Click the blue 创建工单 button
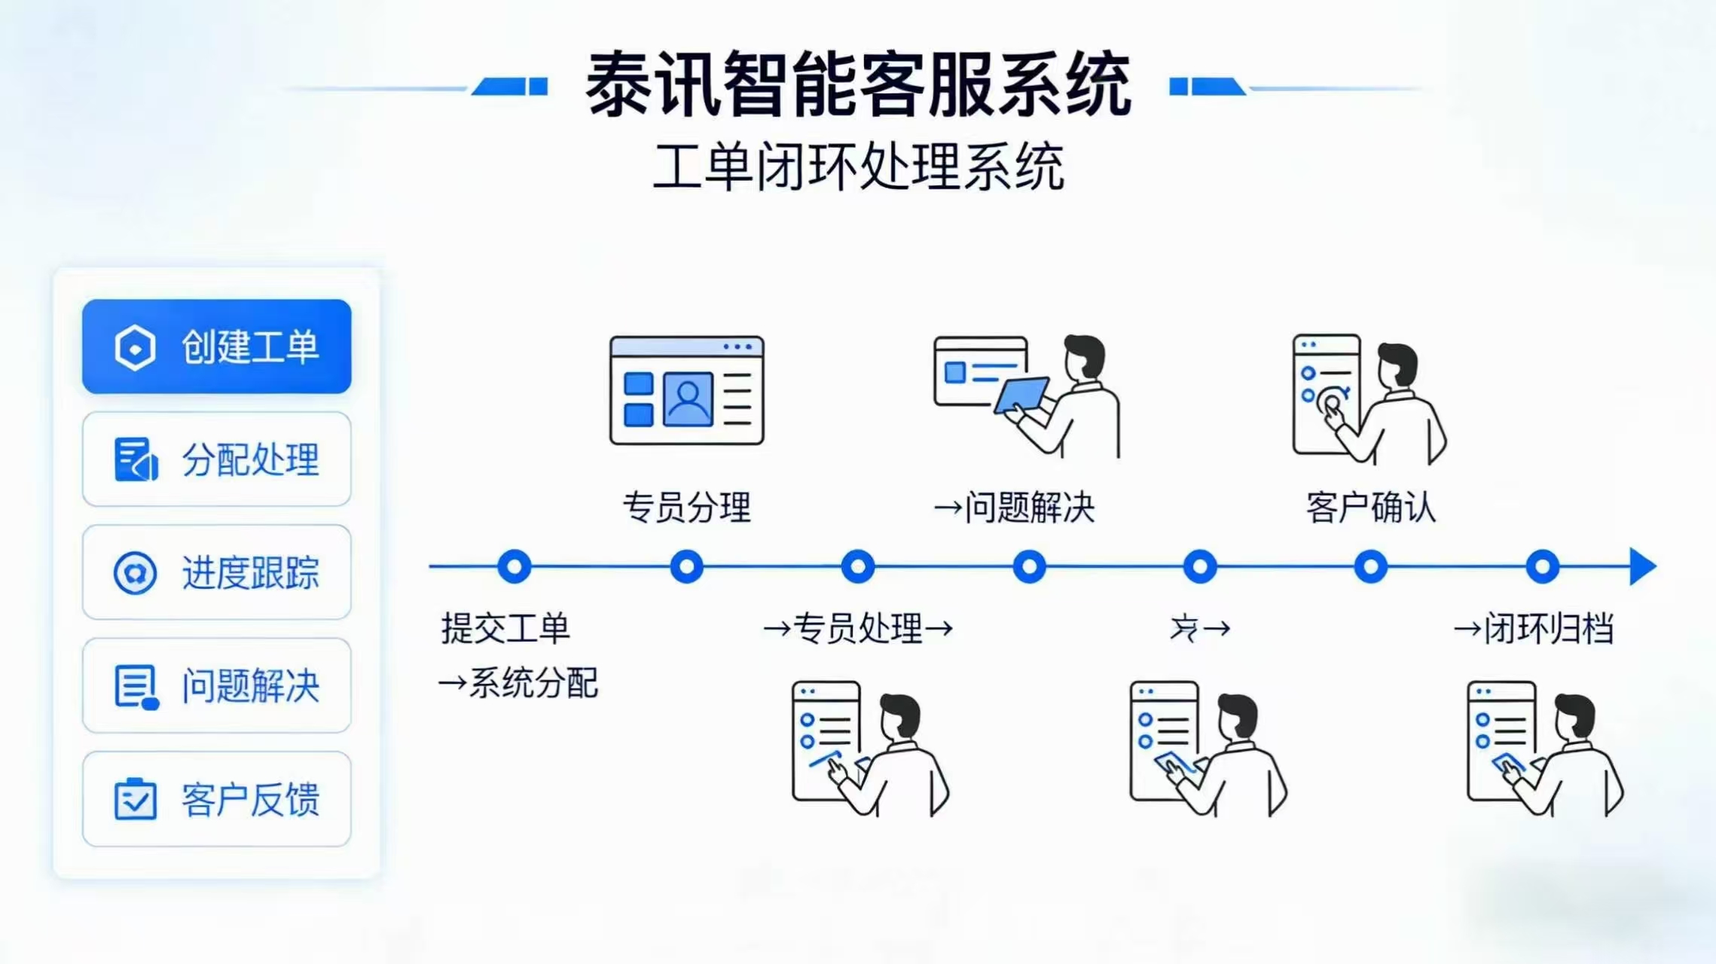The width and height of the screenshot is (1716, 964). click(x=216, y=346)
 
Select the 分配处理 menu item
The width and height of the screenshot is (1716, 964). click(x=216, y=459)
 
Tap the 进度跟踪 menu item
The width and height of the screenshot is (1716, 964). click(x=216, y=572)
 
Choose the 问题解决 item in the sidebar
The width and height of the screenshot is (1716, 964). click(x=216, y=685)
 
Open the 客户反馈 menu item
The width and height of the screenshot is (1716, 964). click(x=216, y=799)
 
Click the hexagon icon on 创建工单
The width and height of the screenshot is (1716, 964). click(x=136, y=348)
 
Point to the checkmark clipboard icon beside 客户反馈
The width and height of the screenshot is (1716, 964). click(x=136, y=799)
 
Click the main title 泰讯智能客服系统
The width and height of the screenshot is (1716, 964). click(x=858, y=84)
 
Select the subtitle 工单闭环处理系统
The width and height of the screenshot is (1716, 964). click(x=858, y=166)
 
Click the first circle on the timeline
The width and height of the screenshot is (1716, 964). click(x=514, y=566)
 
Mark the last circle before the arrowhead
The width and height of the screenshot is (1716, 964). click(x=1542, y=566)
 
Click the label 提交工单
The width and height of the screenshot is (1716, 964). click(x=505, y=628)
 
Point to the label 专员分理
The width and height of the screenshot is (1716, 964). click(x=686, y=507)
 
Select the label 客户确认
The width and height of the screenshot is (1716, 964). click(x=1371, y=507)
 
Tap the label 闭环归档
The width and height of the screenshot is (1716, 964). click(x=1548, y=628)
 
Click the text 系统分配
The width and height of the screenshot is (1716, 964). click(x=533, y=683)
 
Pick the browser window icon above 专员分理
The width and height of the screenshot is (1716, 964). click(x=686, y=390)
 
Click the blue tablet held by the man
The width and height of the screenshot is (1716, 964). click(x=1022, y=395)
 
